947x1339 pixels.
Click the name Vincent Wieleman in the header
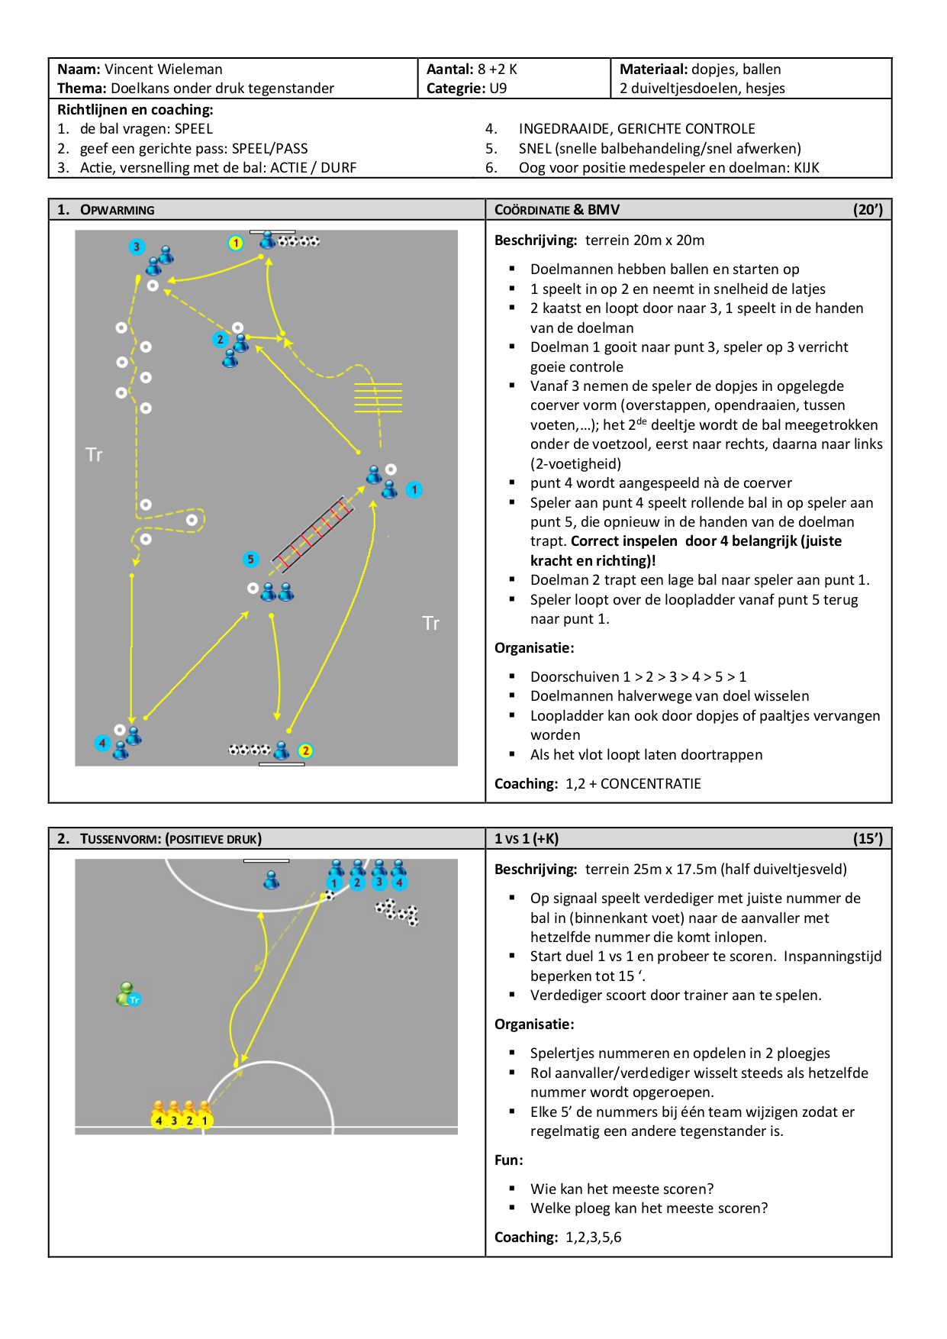pyautogui.click(x=163, y=69)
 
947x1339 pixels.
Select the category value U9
pyautogui.click(x=498, y=88)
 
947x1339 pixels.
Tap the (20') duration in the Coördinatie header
pyautogui.click(x=868, y=209)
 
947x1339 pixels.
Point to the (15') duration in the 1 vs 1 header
pyautogui.click(x=868, y=838)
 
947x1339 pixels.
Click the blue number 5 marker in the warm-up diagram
pyautogui.click(x=250, y=559)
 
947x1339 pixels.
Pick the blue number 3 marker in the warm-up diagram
pyautogui.click(x=137, y=247)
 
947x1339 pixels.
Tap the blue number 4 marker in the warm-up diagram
pyautogui.click(x=102, y=743)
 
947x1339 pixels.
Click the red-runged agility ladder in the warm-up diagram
pyautogui.click(x=313, y=534)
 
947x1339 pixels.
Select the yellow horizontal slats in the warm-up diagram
pyautogui.click(x=378, y=397)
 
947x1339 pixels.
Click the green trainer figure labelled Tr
pyautogui.click(x=127, y=994)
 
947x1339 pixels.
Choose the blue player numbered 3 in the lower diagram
pyautogui.click(x=379, y=875)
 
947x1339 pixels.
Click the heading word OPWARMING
pyautogui.click(x=118, y=210)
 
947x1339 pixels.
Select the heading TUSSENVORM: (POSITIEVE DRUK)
pyautogui.click(x=171, y=839)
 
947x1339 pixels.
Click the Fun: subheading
pyautogui.click(x=509, y=1160)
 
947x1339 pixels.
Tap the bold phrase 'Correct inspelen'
pyautogui.click(x=624, y=540)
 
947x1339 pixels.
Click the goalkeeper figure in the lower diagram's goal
pyautogui.click(x=271, y=880)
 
